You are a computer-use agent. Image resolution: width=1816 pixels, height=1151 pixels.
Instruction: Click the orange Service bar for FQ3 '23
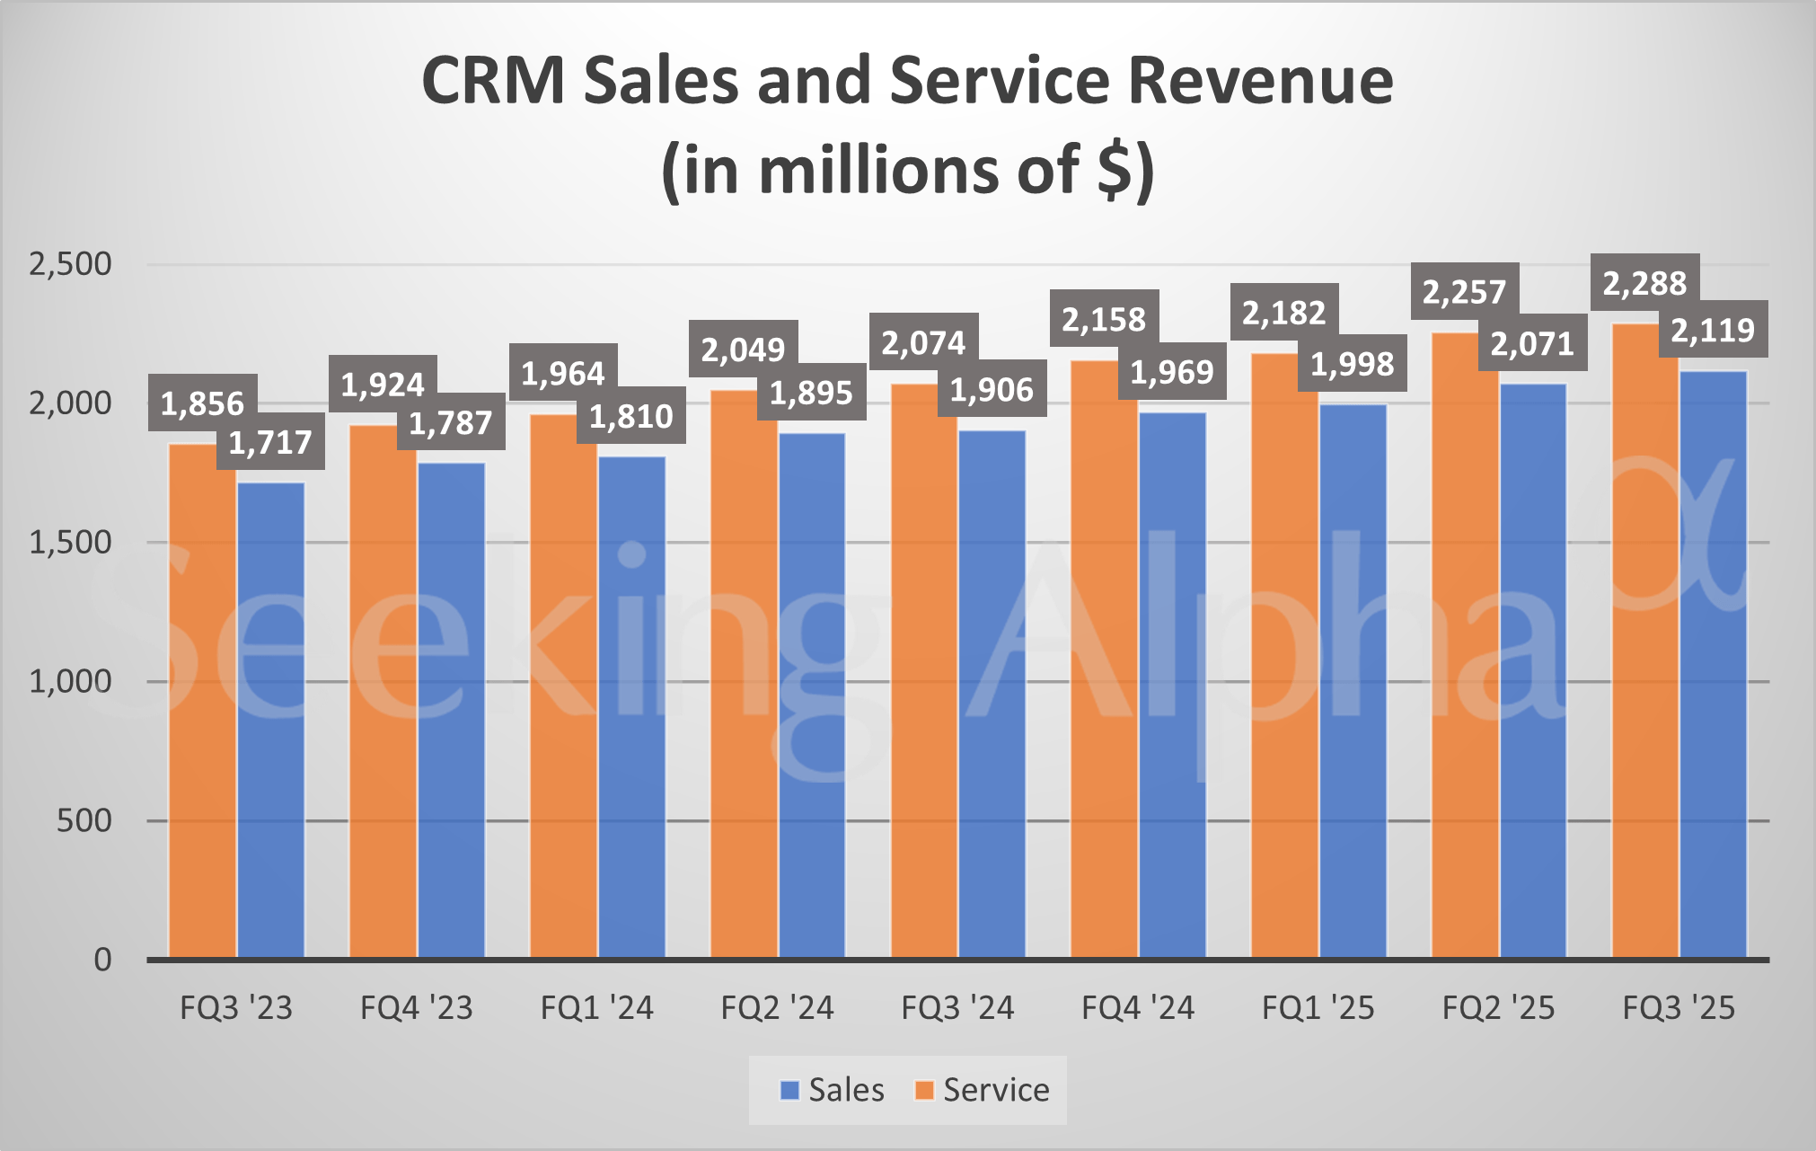tap(203, 701)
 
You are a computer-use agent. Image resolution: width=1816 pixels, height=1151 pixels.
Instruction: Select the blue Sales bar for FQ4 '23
tap(451, 710)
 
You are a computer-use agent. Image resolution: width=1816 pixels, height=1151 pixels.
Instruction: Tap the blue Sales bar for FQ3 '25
tap(1714, 665)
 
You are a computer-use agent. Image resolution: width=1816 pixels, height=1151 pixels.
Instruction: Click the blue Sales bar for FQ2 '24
tap(812, 695)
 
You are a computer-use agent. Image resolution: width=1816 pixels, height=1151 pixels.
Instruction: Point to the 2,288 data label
tap(1644, 283)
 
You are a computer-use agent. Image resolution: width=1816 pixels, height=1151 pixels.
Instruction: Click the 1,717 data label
tap(270, 442)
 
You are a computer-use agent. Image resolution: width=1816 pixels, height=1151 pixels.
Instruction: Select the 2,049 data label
tap(743, 349)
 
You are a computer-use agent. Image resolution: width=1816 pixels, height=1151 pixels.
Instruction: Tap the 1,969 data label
tap(1172, 371)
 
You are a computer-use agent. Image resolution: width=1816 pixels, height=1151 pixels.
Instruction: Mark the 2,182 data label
tap(1283, 313)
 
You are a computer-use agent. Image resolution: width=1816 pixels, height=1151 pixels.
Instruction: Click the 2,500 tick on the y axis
tap(70, 264)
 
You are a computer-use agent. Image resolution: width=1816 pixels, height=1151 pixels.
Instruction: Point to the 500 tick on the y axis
tap(84, 820)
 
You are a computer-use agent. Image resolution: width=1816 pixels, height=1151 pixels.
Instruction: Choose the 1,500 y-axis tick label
tap(70, 543)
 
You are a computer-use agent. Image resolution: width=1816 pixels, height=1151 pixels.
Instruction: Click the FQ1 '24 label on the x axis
tap(596, 1008)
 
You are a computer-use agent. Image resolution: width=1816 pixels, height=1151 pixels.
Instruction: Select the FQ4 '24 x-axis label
tap(1138, 1008)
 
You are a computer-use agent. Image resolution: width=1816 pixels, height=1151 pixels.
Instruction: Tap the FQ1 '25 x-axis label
tap(1318, 1008)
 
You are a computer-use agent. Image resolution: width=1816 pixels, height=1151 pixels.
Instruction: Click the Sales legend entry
tap(833, 1090)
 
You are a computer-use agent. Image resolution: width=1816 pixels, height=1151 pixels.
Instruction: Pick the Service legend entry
tap(982, 1090)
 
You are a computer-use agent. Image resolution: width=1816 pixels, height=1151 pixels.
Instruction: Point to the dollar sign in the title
tap(1115, 171)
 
